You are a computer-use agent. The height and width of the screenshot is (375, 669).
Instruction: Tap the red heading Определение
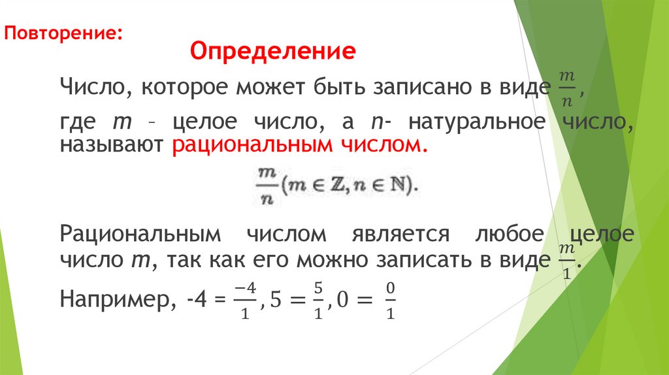click(272, 50)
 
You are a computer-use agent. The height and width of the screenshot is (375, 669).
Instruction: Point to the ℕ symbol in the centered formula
click(396, 186)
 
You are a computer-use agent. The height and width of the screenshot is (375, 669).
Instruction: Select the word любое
click(507, 233)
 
